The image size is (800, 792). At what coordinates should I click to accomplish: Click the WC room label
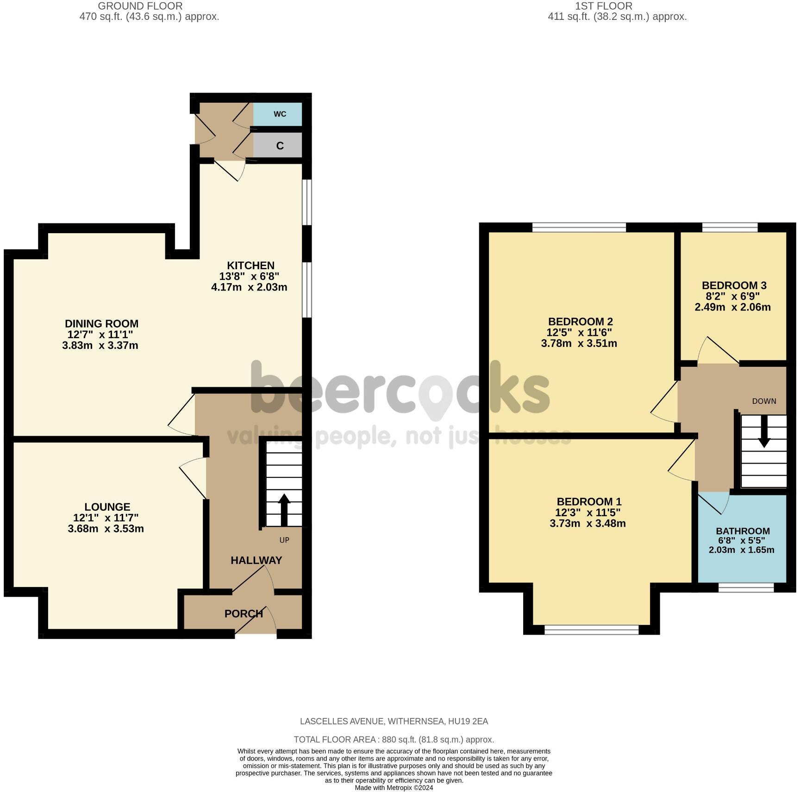coord(280,114)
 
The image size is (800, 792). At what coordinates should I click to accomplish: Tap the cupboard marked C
coord(280,146)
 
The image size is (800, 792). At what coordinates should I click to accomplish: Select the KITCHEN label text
coord(250,266)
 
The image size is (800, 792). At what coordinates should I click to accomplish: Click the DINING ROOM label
coord(101,324)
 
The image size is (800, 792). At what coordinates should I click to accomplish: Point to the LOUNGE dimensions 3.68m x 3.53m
coord(106,529)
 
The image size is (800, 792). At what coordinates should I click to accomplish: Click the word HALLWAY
coord(256,560)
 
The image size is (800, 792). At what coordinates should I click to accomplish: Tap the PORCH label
coord(244,614)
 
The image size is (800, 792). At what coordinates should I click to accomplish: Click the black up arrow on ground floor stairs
coord(284,509)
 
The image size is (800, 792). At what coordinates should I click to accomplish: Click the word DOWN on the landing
coord(764,401)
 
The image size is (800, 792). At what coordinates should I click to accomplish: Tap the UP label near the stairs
coord(284,540)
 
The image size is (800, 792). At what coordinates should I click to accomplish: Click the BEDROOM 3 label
coord(734,285)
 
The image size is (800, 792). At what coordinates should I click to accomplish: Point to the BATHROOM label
coord(743,531)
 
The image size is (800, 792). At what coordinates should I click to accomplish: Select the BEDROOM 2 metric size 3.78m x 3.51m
coord(579,343)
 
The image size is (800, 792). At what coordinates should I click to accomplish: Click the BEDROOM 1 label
coord(589,501)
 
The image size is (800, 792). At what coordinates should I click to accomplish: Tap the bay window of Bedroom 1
coord(591,629)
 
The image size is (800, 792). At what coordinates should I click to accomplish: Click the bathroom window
coord(746,588)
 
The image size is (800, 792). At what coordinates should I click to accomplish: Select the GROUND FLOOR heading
coord(140,6)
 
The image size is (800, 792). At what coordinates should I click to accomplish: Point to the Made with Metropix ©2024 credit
coord(394,787)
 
